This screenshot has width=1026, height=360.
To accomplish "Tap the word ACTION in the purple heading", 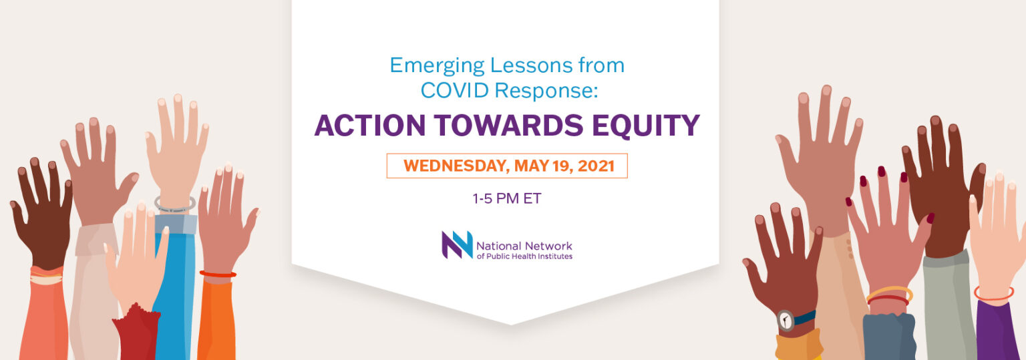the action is click(370, 126).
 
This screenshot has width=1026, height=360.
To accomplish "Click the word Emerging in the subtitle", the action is click(437, 66).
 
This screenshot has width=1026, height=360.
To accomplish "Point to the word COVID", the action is click(455, 89).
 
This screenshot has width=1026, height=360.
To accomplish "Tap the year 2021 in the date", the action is click(596, 166).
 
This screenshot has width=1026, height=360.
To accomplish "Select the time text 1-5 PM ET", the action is click(507, 198).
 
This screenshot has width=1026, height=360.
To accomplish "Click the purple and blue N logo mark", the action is click(457, 244).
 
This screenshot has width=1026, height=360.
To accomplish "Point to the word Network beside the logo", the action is click(548, 246).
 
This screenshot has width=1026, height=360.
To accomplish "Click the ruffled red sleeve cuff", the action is click(136, 331).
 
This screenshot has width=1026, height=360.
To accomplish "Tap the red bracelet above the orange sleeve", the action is click(218, 274).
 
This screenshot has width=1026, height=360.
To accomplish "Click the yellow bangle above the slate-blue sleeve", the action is click(890, 293).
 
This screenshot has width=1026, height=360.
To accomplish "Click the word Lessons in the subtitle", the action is click(531, 65).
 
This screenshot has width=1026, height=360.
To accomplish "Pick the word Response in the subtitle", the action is click(546, 91).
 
